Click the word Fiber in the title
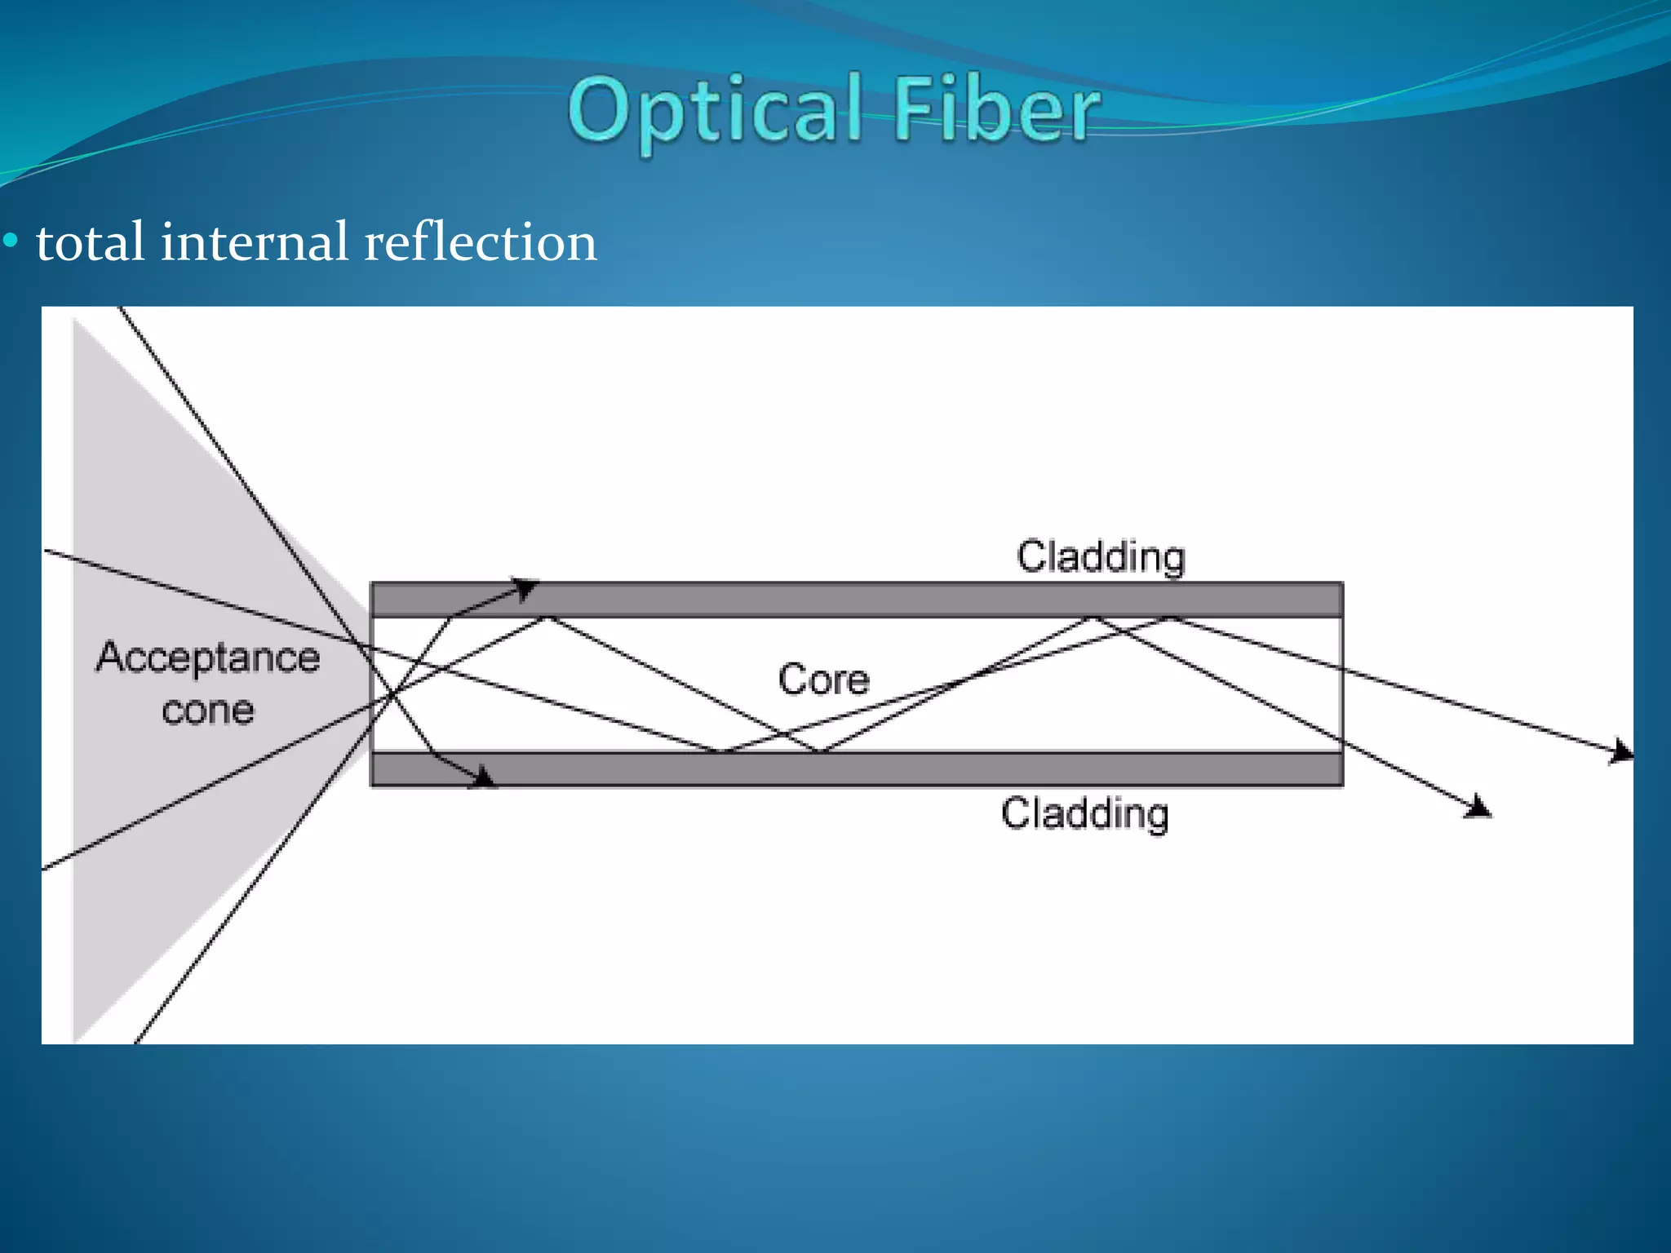click(x=997, y=110)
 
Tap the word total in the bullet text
click(x=91, y=242)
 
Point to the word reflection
click(x=481, y=242)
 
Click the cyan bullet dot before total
click(x=11, y=241)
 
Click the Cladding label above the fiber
click(x=1101, y=557)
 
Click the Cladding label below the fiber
click(x=1085, y=814)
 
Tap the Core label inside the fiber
click(x=823, y=680)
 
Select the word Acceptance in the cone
click(x=207, y=657)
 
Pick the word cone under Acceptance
click(x=208, y=711)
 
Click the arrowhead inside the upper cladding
click(x=525, y=587)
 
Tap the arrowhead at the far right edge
click(x=1622, y=752)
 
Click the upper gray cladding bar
click(x=857, y=600)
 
